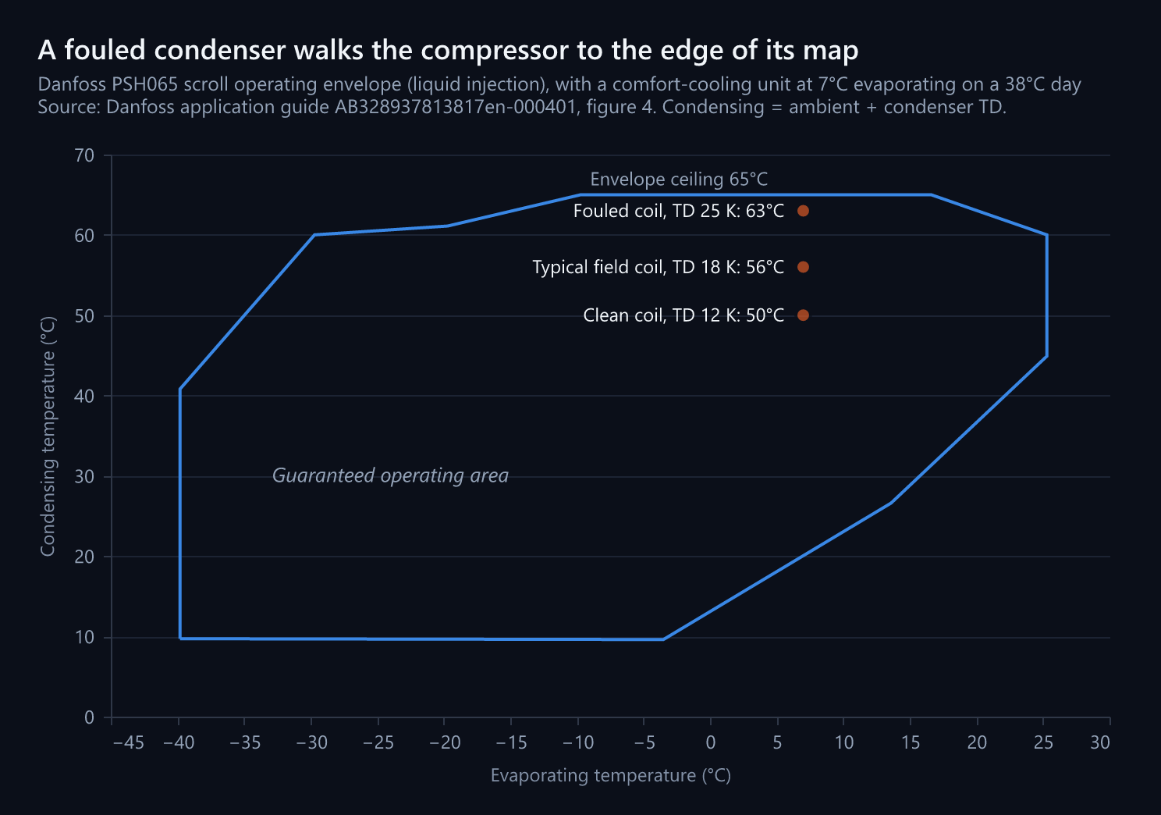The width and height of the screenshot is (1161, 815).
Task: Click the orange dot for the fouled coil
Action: click(803, 211)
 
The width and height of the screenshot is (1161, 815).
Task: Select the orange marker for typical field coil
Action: click(803, 266)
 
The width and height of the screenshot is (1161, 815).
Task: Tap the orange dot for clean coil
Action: click(803, 315)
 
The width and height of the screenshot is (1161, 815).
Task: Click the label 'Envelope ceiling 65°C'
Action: click(679, 179)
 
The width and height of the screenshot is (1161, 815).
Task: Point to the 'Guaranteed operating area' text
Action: click(390, 475)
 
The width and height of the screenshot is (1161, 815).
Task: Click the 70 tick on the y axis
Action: click(84, 155)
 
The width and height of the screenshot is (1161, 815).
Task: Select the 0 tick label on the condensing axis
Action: click(89, 717)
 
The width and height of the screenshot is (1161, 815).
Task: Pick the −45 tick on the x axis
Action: click(128, 742)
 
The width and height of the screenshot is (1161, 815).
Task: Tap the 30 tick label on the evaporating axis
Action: click(1100, 742)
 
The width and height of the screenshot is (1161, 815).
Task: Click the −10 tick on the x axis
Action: click(578, 742)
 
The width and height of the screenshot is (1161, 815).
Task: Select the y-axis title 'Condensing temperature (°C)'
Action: click(48, 436)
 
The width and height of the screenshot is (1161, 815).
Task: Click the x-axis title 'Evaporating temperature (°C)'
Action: click(611, 775)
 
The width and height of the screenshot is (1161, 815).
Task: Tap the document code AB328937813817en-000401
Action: click(455, 107)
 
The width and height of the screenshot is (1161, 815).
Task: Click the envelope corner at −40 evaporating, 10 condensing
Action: click(180, 639)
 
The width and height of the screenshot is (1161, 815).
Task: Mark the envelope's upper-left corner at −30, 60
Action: click(314, 235)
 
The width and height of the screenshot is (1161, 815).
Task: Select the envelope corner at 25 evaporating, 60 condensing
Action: click(1047, 235)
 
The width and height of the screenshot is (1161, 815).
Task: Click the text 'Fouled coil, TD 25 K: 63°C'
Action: click(679, 211)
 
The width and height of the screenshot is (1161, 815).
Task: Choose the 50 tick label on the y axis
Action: click(84, 315)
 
